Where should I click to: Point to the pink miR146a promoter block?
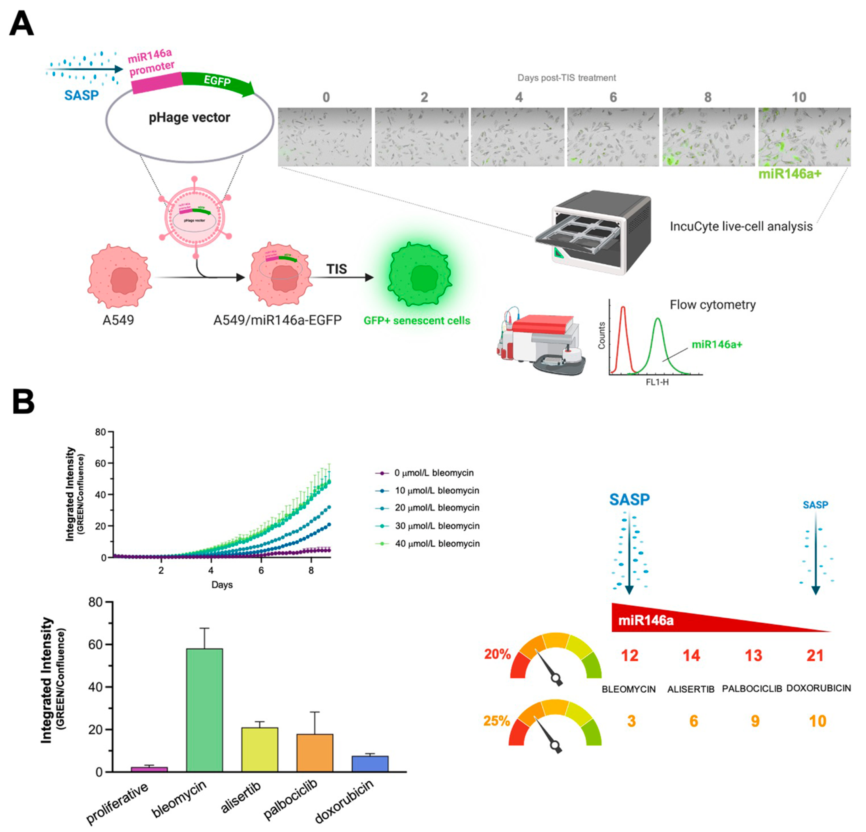[x=156, y=82]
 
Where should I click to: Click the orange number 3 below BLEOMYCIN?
[x=631, y=721]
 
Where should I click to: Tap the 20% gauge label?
[x=497, y=654]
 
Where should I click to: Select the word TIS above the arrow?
[x=336, y=269]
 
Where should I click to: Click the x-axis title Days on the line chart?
[x=222, y=585]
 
